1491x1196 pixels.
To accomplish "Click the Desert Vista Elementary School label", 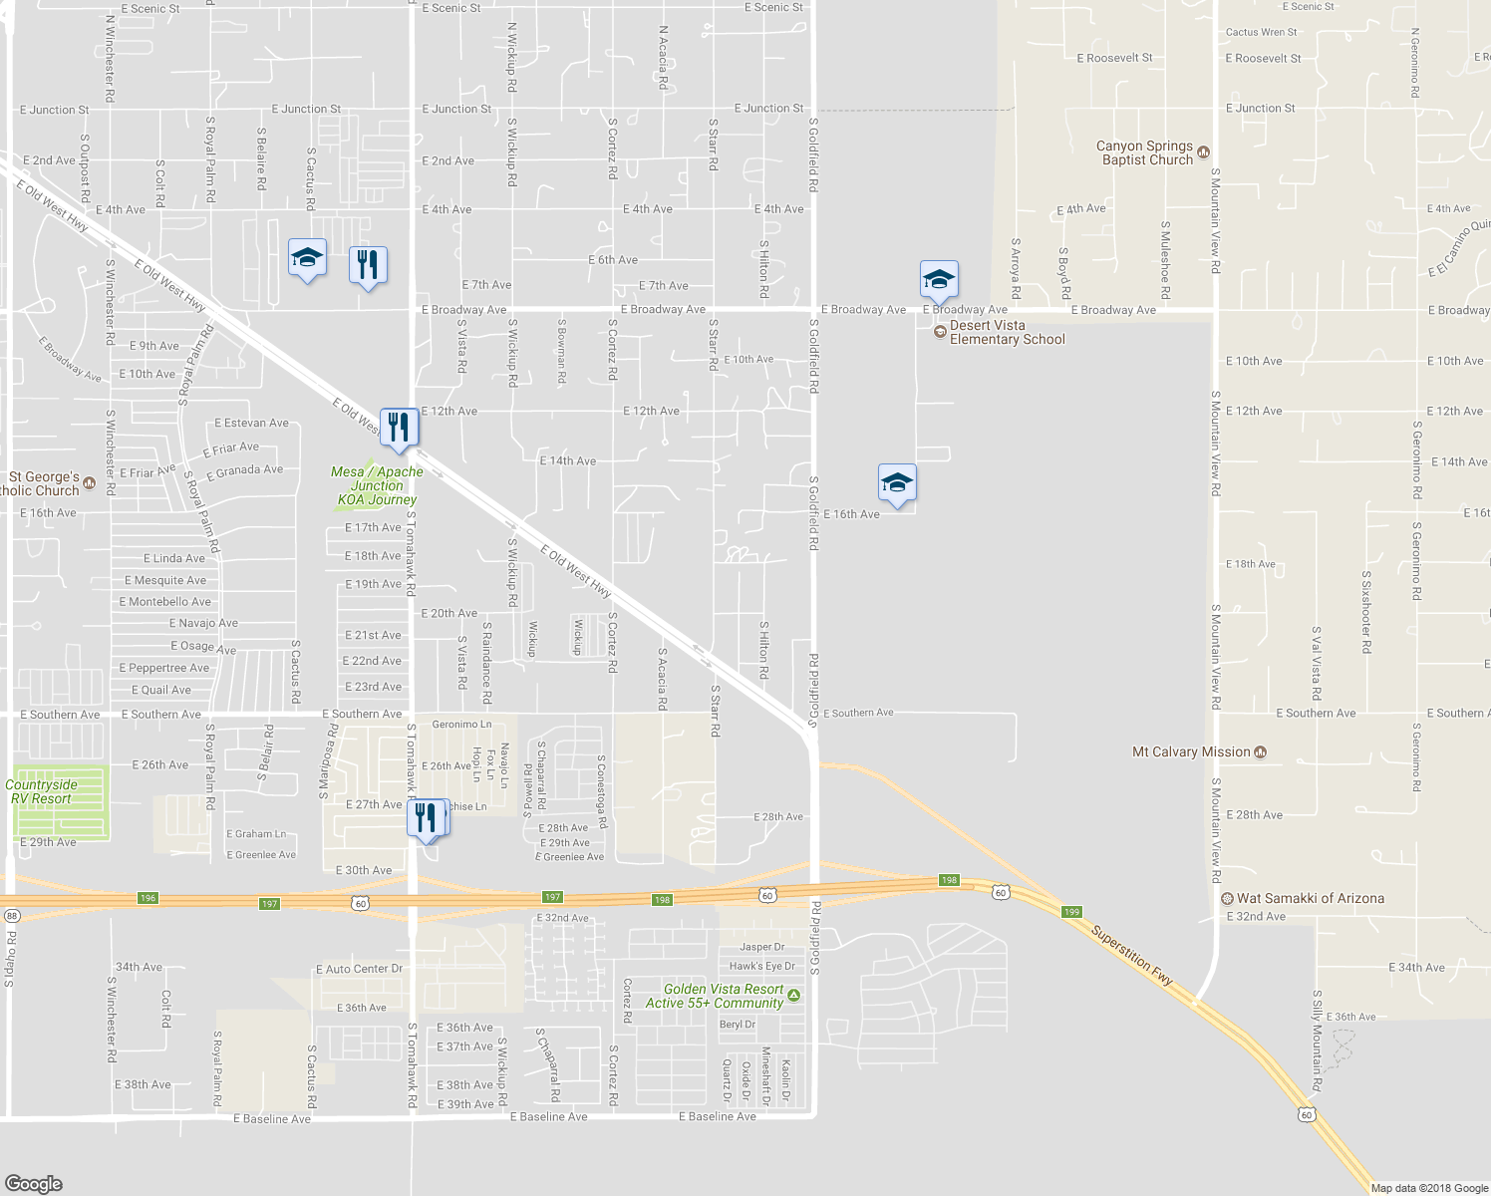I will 1007,333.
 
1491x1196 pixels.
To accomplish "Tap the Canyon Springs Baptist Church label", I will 1144,152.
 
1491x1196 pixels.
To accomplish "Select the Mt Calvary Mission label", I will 1191,752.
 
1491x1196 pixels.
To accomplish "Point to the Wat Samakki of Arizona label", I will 1310,899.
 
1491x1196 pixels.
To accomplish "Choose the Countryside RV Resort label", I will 41,791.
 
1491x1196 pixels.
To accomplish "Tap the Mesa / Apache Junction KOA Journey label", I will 377,486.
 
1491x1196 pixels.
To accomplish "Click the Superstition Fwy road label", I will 1132,956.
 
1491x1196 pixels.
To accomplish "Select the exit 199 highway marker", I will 1071,912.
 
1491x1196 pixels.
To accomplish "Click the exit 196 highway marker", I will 148,898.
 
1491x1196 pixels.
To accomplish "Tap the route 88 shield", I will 11,915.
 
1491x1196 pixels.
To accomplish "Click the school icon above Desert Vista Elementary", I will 939,279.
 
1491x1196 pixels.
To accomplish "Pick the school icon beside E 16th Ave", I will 897,483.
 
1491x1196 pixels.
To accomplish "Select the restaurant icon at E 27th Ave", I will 426,817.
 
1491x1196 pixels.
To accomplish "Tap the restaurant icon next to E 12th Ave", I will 399,427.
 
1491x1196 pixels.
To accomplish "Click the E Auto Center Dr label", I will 359,969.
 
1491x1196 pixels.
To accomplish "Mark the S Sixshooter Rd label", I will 1366,612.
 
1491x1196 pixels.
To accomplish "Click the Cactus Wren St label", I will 1261,32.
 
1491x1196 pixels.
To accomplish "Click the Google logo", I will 33,1183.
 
